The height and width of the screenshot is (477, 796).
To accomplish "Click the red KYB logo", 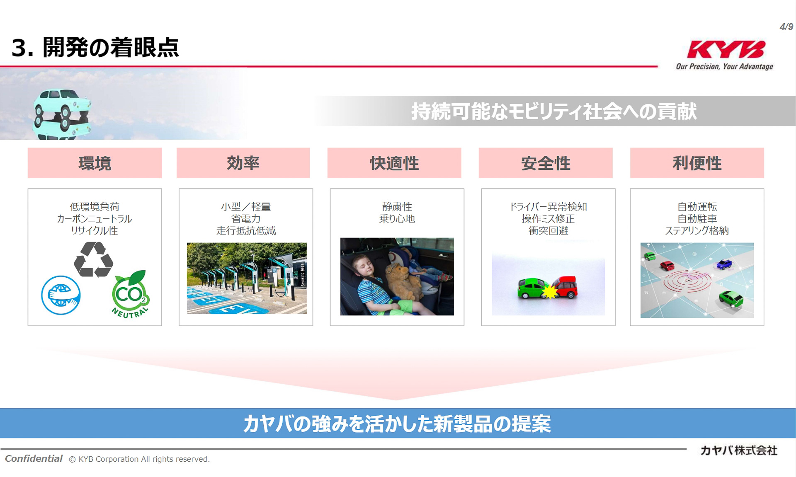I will pyautogui.click(x=726, y=49).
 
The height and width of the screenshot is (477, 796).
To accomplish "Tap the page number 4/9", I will pyautogui.click(x=786, y=27).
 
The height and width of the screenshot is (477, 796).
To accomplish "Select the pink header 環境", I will pyautogui.click(x=95, y=163).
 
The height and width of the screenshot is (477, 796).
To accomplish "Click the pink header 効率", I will pyautogui.click(x=243, y=163).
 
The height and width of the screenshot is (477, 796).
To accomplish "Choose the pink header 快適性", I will pyautogui.click(x=394, y=163).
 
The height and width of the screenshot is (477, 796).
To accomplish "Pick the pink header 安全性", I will pyautogui.click(x=546, y=163).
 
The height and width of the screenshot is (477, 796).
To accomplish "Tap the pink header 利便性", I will pyautogui.click(x=697, y=163).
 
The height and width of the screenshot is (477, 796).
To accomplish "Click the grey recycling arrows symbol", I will pyautogui.click(x=93, y=259).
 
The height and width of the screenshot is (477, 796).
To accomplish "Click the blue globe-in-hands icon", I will pyautogui.click(x=61, y=295).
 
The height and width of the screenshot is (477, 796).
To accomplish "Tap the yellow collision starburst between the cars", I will pyautogui.click(x=550, y=292).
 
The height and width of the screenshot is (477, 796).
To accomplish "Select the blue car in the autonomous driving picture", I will pyautogui.click(x=724, y=264).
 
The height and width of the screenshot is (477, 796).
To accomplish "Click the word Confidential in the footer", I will pyautogui.click(x=34, y=458).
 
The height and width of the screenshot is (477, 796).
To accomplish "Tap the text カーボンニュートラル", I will pyautogui.click(x=95, y=219).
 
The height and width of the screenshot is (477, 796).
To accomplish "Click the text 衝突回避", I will pyautogui.click(x=548, y=231).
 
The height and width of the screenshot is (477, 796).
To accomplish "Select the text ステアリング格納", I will pyautogui.click(x=697, y=231).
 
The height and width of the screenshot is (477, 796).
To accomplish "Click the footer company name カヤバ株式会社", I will pyautogui.click(x=738, y=450).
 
